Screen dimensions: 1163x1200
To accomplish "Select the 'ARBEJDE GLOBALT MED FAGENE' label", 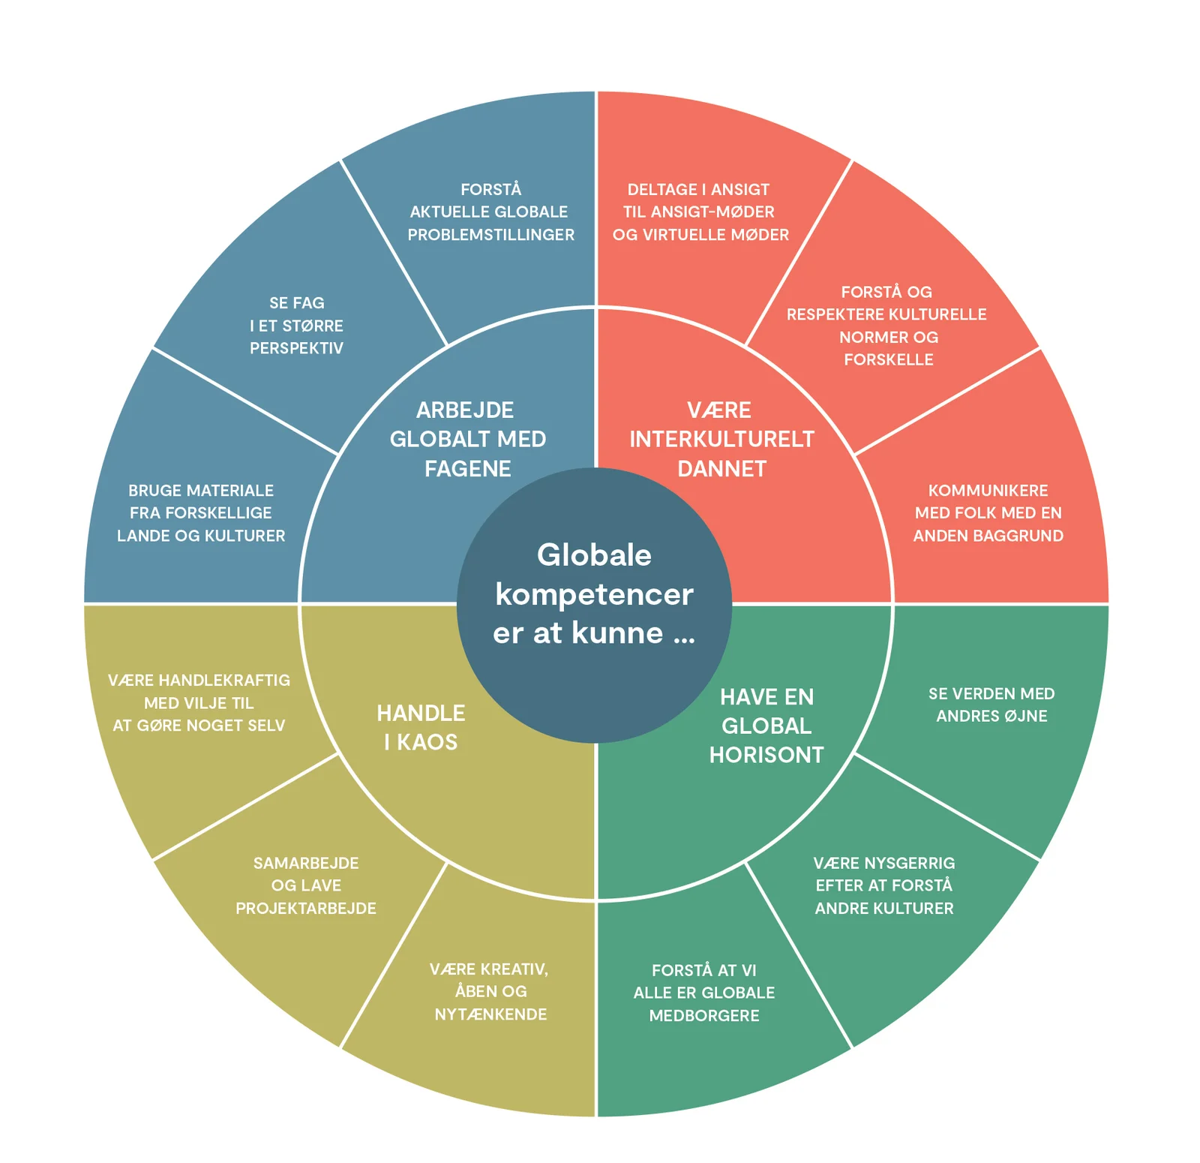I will point(467,439).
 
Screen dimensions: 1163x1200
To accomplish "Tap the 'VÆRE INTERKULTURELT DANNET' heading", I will point(721,439).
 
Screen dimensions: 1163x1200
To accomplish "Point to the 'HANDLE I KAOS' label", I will point(421,727).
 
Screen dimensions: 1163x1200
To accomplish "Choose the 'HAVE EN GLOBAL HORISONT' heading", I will point(766,726).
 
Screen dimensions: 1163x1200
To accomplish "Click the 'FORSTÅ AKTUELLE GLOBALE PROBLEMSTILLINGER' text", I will point(490,212).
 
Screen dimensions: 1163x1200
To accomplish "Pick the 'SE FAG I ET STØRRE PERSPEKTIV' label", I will point(296,325).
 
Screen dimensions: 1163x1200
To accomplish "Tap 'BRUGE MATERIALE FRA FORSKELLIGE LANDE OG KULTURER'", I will point(201,512).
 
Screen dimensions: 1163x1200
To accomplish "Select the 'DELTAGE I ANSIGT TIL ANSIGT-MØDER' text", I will point(700,212).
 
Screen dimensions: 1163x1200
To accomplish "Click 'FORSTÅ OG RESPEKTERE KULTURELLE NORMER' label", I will point(887,325).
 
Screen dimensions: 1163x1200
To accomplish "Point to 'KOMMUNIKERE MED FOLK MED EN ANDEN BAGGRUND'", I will point(988,512).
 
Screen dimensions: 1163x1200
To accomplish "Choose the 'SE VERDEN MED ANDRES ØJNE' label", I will point(991,705).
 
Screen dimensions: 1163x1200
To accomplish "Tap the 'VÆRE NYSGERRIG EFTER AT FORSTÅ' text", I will point(884,885).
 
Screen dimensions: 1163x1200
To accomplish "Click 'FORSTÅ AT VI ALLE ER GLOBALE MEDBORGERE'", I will point(704,992).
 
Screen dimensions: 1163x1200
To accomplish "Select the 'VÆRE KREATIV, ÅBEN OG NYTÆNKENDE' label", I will point(490,991).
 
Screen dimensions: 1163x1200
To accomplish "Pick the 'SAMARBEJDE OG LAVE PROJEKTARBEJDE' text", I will point(306,885).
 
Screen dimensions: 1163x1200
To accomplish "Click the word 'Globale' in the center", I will point(594,555).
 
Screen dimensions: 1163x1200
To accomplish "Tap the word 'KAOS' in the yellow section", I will point(427,742).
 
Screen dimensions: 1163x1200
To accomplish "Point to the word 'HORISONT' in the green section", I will point(766,755).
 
